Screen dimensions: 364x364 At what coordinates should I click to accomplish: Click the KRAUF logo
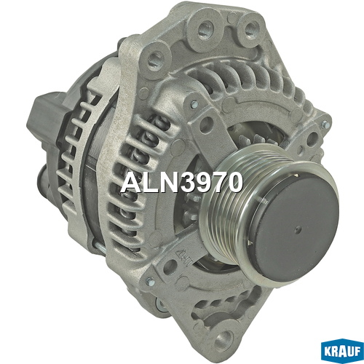coord(342,351)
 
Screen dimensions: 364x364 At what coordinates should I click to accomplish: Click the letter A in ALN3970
coord(132,183)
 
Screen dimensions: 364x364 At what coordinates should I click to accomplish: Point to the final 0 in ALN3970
coord(234,183)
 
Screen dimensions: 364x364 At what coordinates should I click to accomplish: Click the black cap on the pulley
coord(294,227)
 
